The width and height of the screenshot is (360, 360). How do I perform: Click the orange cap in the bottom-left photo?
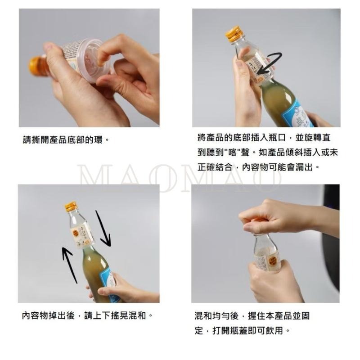(71, 207)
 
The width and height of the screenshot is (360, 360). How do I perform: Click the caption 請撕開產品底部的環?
(66, 139)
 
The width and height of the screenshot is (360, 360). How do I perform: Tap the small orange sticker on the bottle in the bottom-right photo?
(273, 261)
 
